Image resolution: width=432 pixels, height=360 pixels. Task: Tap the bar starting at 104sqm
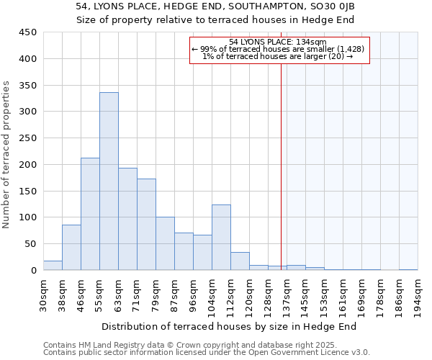pos(221,238)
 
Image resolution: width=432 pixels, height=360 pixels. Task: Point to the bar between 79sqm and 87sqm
pos(165,243)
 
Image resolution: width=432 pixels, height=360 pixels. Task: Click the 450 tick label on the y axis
pos(27,32)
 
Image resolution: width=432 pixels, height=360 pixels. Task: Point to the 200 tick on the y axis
pos(27,165)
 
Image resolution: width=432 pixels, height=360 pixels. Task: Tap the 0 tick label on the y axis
pos(33,271)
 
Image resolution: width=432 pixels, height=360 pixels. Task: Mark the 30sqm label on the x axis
pos(43,294)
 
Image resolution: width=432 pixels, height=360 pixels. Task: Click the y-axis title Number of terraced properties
pos(7,155)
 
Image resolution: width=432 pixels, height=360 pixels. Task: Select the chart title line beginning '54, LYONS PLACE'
pos(215,6)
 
